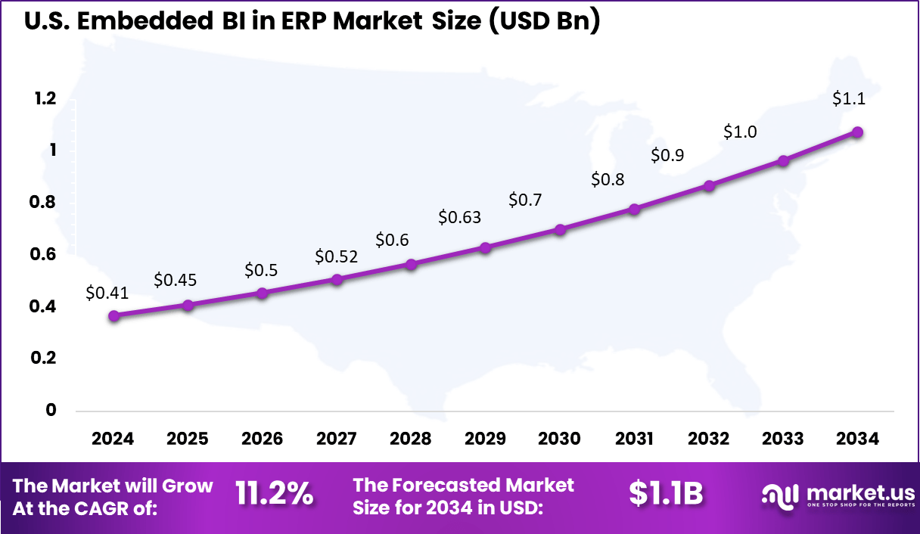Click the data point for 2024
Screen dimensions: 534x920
coord(113,316)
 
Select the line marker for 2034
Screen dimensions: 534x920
coord(857,132)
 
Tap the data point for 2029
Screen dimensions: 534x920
coord(486,247)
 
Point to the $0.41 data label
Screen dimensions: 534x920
coord(107,292)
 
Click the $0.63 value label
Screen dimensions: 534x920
coord(459,218)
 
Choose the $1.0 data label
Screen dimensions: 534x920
coord(740,132)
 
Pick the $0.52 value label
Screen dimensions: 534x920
coord(336,256)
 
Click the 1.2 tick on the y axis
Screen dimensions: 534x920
coord(44,98)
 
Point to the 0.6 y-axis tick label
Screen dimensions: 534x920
coord(44,254)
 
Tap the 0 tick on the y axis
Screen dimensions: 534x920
coord(51,410)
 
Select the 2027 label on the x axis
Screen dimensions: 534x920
coord(337,439)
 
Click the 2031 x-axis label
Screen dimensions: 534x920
coord(634,439)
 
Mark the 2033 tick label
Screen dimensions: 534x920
coord(783,439)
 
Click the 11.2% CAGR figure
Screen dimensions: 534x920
coord(274,495)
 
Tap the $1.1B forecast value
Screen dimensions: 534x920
coord(666,495)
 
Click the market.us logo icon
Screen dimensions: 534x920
coord(780,495)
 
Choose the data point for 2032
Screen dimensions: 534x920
coord(709,185)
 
